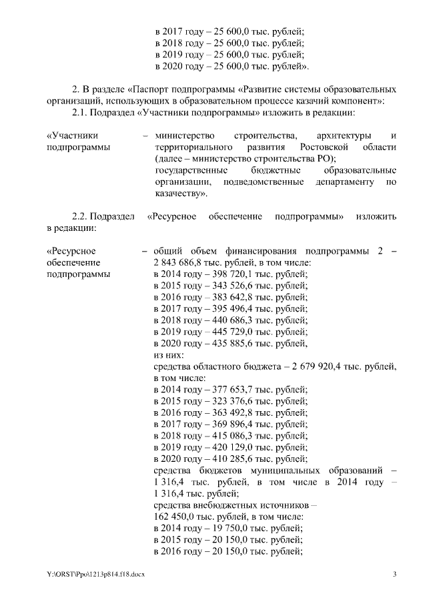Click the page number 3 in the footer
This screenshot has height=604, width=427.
[x=394, y=574]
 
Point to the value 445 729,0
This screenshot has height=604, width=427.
[x=230, y=332]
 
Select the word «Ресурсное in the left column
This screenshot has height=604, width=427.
[x=71, y=250]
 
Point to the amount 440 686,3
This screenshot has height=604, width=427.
[x=230, y=320]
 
